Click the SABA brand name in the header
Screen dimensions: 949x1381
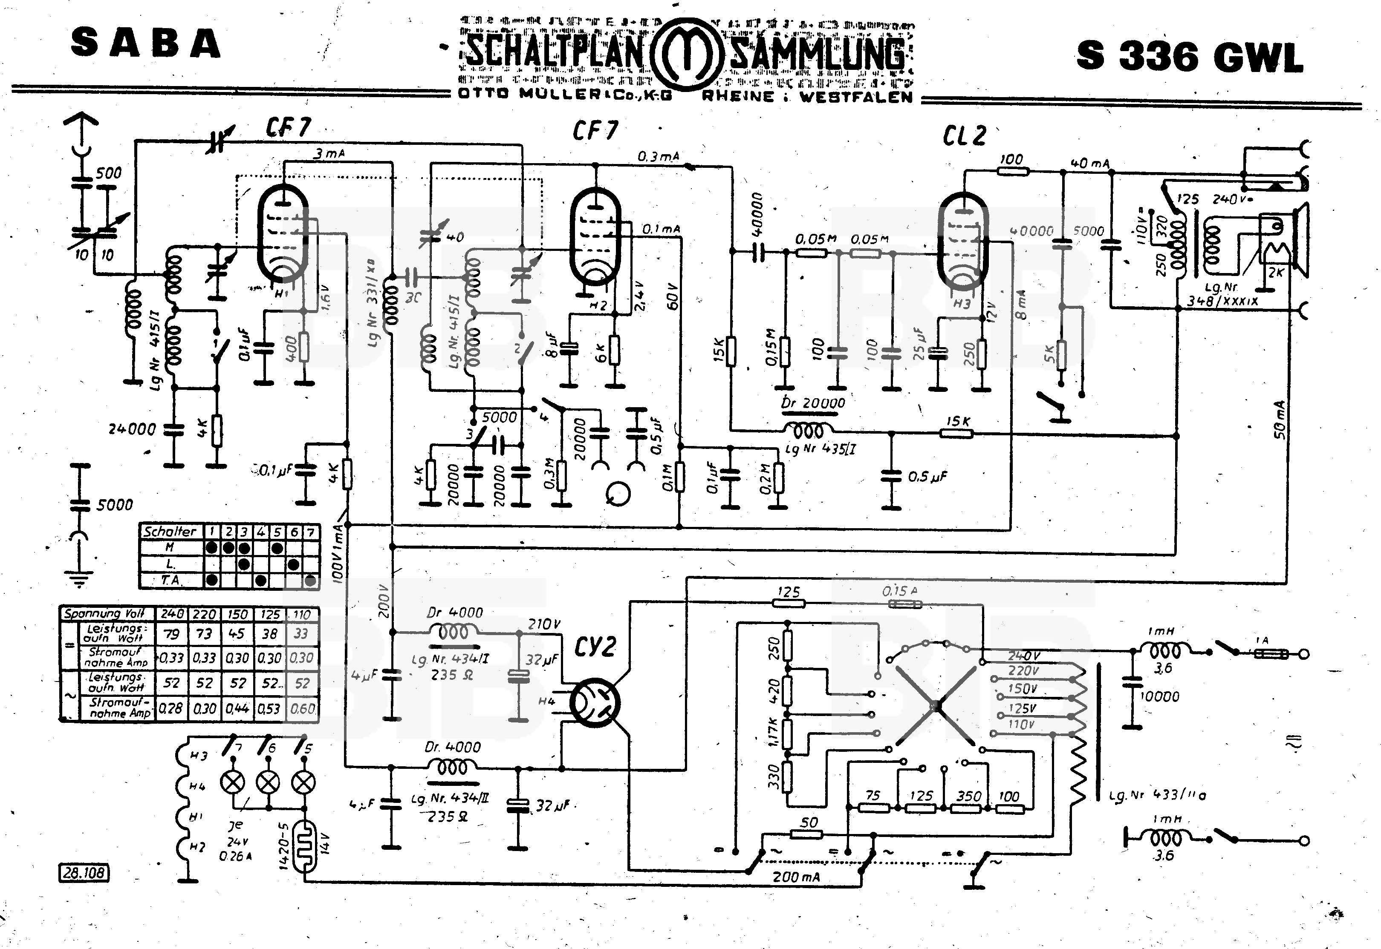[146, 44]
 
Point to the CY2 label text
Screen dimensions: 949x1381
[595, 646]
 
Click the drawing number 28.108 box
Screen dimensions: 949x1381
[84, 872]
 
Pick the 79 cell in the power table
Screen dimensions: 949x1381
[172, 634]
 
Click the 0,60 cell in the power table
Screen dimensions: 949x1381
[302, 708]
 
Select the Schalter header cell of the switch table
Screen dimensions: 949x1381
[170, 531]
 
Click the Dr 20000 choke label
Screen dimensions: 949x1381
[813, 403]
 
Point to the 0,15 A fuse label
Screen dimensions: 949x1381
[900, 591]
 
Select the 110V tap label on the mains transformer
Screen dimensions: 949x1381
[1021, 724]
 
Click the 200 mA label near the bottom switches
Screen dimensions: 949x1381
[796, 877]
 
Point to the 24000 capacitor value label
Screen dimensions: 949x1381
[132, 429]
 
